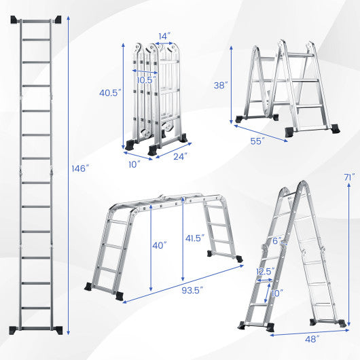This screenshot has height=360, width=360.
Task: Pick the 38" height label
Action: pyautogui.click(x=221, y=86)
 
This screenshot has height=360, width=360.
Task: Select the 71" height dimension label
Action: pyautogui.click(x=349, y=177)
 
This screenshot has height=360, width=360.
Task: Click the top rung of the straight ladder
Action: pyautogui.click(x=39, y=38)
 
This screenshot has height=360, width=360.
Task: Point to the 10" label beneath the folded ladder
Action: pyautogui.click(x=134, y=163)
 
